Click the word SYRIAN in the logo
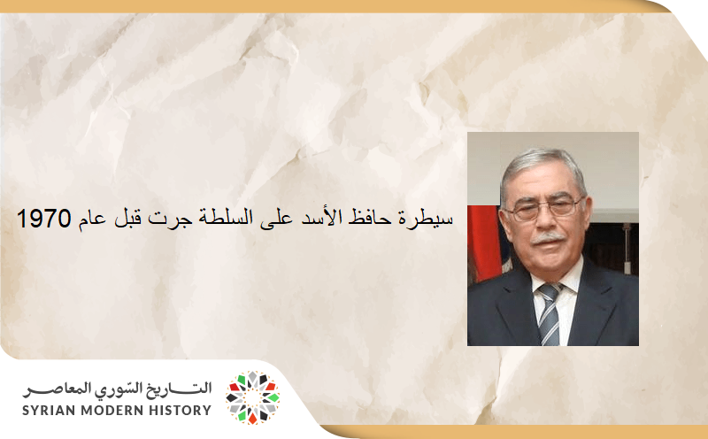(53, 410)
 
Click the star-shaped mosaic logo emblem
(252, 397)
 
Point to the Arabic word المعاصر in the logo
(54, 389)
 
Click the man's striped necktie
(549, 313)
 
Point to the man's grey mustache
(548, 238)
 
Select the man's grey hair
(541, 165)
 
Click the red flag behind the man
(483, 243)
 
